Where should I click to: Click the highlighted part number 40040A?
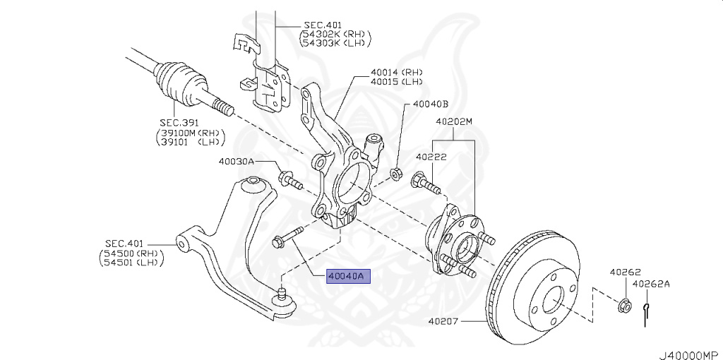[345, 277]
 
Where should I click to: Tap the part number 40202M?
[453, 121]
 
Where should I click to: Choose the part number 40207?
[443, 321]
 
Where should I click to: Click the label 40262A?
[650, 284]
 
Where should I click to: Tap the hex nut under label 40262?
[623, 306]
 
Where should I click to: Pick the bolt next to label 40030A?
[289, 180]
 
